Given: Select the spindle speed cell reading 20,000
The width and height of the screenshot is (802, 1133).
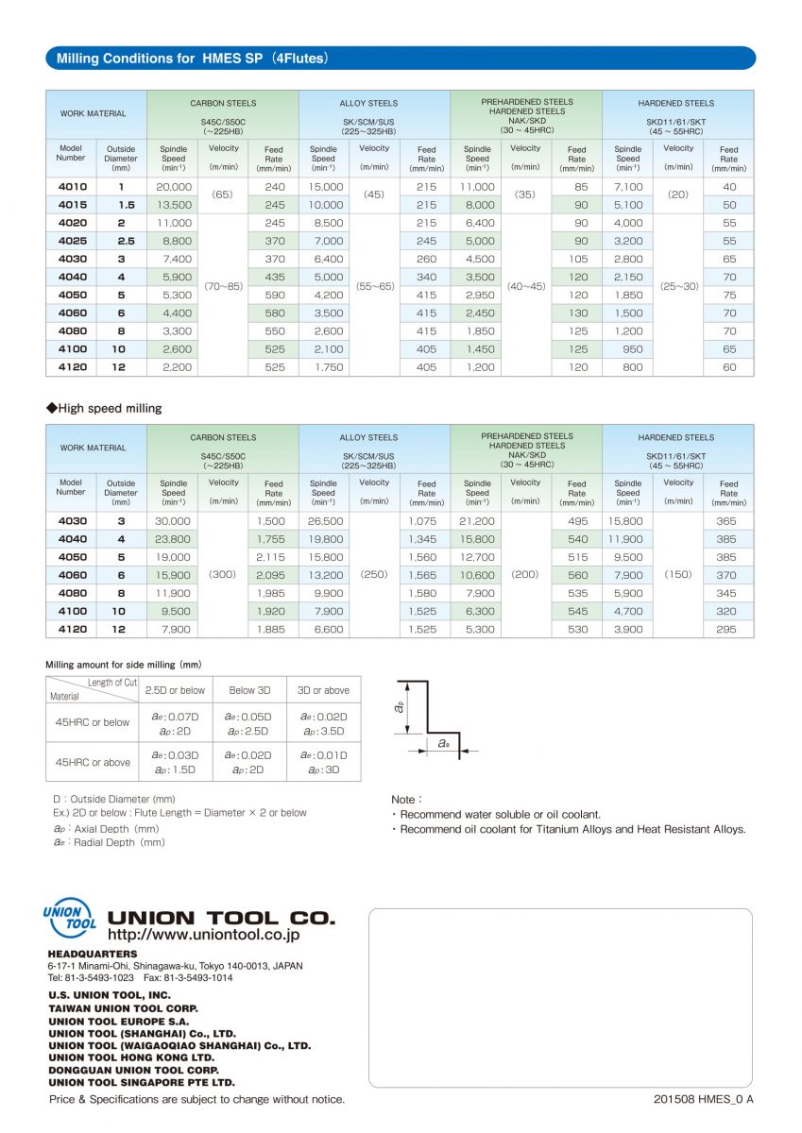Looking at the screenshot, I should (174, 187).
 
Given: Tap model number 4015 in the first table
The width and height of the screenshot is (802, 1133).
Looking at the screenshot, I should (72, 205).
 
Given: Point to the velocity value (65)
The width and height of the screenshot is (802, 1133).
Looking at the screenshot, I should (223, 194).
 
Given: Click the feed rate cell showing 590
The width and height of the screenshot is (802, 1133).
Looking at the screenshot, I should (274, 295).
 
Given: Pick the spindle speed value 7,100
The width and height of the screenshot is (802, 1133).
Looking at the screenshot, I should (628, 187).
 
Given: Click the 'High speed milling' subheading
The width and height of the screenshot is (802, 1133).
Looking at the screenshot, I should (104, 409).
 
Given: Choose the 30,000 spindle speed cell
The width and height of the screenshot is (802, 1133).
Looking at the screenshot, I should (173, 521).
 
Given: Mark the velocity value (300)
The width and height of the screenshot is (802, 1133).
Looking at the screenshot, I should (223, 574).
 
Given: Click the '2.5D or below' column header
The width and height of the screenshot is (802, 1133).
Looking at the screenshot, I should (175, 690).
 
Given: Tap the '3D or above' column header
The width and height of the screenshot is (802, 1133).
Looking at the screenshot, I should (323, 690).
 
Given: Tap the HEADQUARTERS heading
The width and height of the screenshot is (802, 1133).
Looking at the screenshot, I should (92, 955).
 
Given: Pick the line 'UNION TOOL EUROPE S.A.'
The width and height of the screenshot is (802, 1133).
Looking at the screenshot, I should (118, 1021).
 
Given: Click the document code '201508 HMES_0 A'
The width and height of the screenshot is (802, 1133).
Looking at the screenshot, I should (703, 1099).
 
